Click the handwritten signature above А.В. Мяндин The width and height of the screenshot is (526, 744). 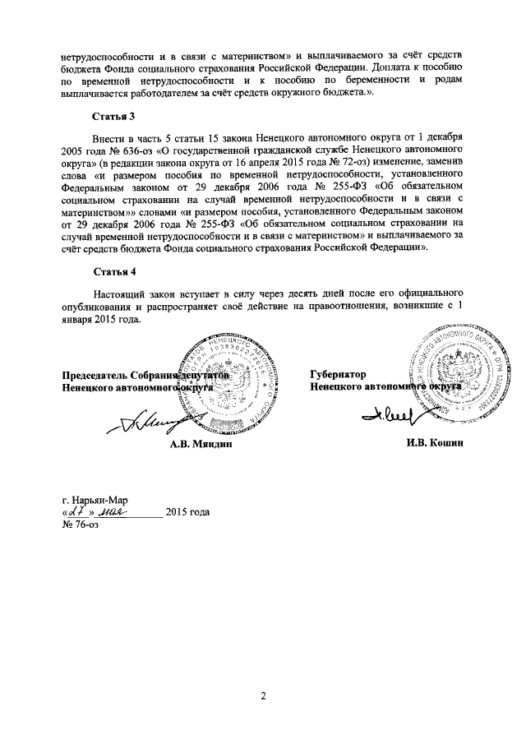point(156,422)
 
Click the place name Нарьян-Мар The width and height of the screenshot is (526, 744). point(100,499)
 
